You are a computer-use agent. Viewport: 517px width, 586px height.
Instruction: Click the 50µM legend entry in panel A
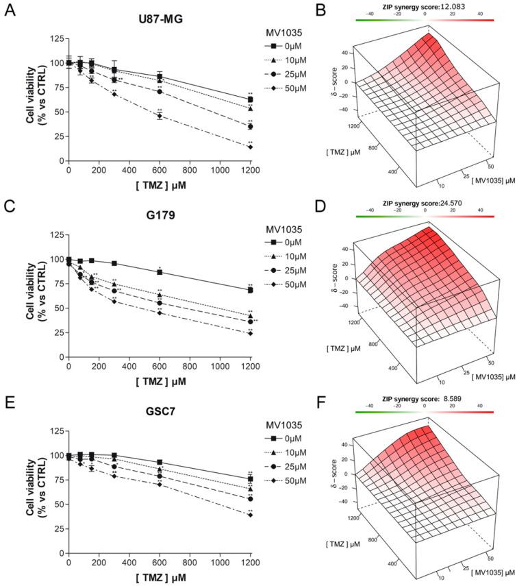click(x=287, y=89)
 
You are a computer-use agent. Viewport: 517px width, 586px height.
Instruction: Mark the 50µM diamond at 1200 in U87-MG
click(x=251, y=147)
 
